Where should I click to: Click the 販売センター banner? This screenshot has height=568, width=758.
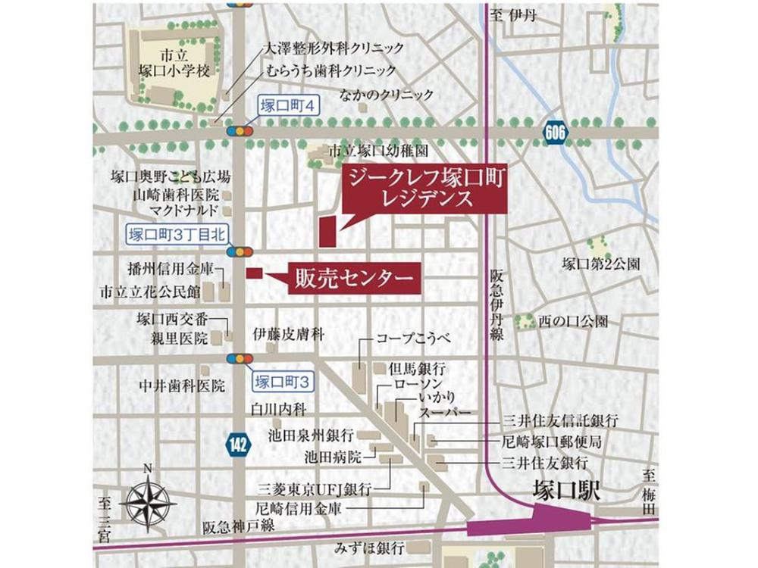tap(352, 278)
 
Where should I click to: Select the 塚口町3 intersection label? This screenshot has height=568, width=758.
tap(281, 380)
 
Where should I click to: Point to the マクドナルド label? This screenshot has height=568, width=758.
tap(184, 210)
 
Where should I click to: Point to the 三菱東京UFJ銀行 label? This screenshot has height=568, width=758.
tap(315, 488)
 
